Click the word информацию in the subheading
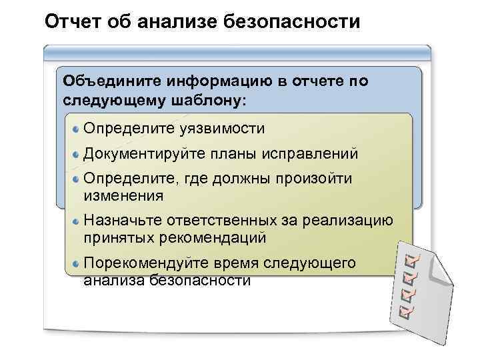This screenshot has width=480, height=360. click(x=214, y=81)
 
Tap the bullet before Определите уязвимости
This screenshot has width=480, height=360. click(x=77, y=128)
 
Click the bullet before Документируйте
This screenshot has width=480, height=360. click(x=77, y=154)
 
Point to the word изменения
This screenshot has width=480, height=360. click(x=123, y=195)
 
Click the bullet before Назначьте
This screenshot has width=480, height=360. click(x=77, y=221)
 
